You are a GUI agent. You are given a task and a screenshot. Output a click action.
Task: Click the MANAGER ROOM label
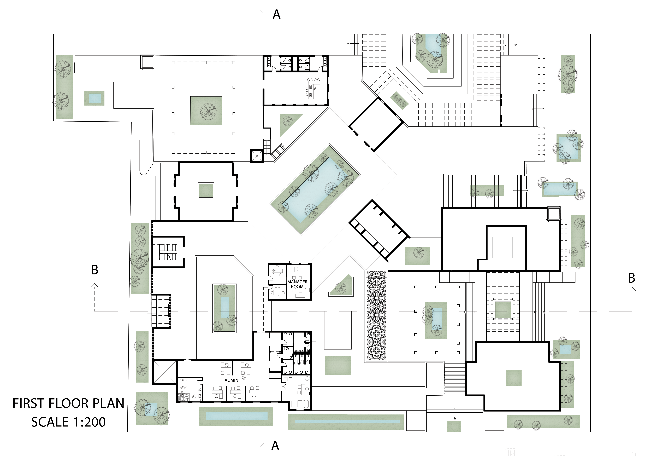[x=297, y=284]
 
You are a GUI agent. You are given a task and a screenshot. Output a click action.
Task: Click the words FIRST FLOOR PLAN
[x=69, y=403]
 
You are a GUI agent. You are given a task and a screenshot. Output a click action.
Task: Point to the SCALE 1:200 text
[x=69, y=422]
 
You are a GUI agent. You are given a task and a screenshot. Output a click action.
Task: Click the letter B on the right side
[x=631, y=278]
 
